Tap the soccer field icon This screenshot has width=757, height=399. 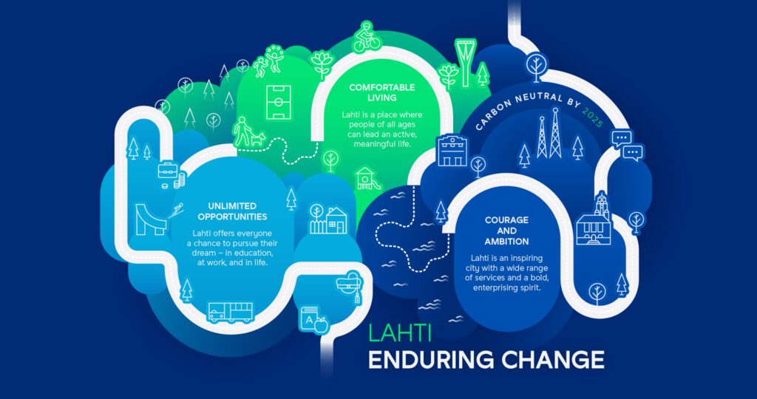click(x=279, y=102)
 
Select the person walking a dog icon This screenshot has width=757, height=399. click(x=248, y=132)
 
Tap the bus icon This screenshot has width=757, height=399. click(x=231, y=312)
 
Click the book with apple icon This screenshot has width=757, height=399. click(x=313, y=319)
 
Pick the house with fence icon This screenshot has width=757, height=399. click(x=328, y=219)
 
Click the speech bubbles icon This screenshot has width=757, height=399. click(x=627, y=146)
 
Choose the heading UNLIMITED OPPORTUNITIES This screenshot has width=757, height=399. click(x=232, y=211)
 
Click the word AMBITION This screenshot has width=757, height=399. click(x=506, y=241)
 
